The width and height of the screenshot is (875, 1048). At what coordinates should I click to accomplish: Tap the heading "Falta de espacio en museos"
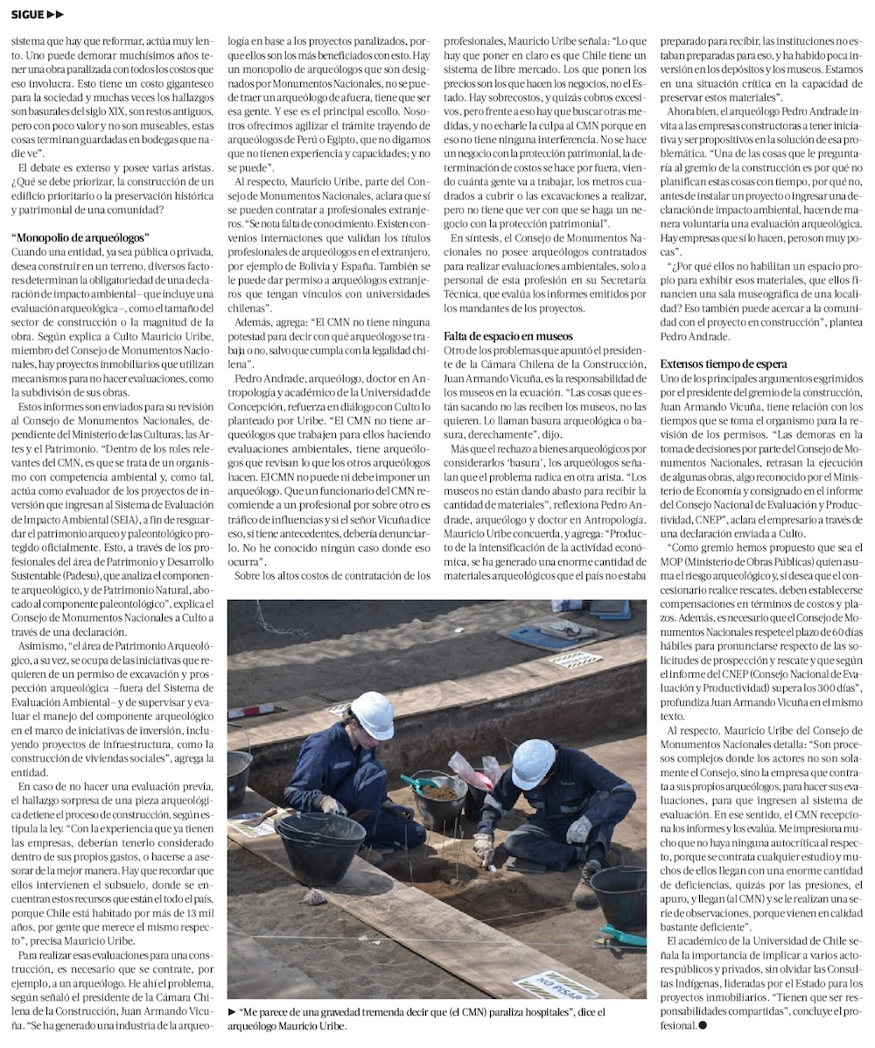click(x=507, y=336)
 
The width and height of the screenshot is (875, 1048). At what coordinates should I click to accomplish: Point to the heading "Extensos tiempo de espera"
click(x=724, y=363)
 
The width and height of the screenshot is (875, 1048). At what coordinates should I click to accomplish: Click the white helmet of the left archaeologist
click(x=372, y=714)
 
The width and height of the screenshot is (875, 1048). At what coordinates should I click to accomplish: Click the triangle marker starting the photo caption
click(x=232, y=1012)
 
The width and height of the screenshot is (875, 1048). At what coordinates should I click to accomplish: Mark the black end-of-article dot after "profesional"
click(x=703, y=1025)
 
